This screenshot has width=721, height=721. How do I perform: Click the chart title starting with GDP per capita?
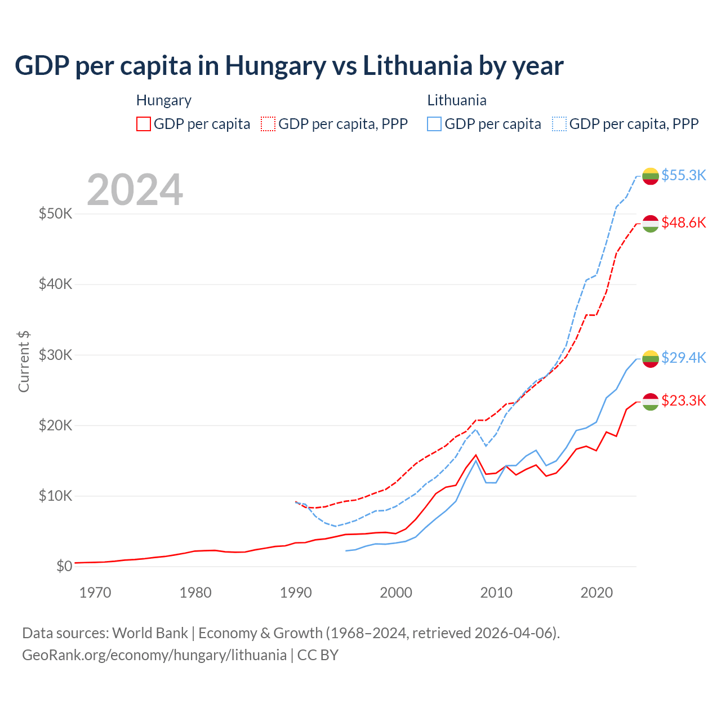289,66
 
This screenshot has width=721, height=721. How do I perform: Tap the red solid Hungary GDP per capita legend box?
144,124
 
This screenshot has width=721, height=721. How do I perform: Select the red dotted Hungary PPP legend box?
268,124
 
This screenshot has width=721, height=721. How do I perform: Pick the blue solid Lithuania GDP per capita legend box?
434,124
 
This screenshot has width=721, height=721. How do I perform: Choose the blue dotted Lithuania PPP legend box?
559,124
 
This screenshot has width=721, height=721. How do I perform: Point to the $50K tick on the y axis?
55,214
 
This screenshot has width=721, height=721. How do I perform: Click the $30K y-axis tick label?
55,355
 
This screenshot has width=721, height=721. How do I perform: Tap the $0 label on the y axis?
64,566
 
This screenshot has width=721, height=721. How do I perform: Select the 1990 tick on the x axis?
296,593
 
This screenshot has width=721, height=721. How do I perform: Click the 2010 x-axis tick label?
496,593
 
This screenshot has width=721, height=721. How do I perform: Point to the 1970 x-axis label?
95,593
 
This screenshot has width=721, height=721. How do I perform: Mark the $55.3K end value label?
683,175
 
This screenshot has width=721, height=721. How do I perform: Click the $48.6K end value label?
683,222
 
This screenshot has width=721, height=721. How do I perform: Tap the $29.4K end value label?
683,358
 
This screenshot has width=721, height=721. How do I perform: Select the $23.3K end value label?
683,400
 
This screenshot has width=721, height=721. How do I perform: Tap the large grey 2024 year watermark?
135,190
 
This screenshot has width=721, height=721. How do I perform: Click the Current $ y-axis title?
24,362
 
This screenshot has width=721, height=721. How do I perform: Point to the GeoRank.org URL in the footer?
154,655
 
